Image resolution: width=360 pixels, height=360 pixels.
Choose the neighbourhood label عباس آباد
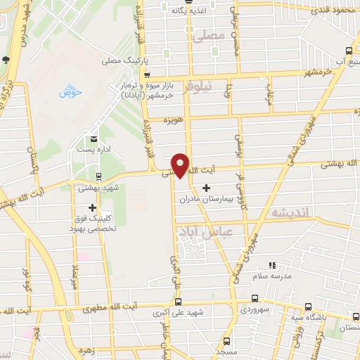[x=220, y=231]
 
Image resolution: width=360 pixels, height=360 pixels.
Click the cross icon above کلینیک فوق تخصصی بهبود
[x=92, y=207]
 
